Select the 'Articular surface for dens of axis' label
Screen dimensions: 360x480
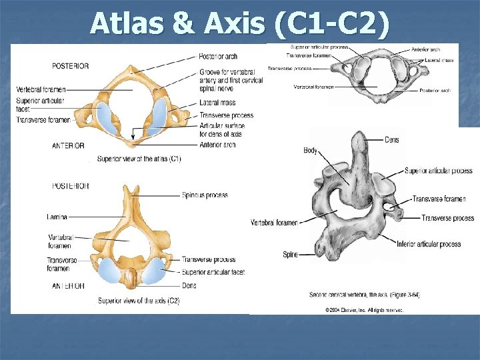click(x=222, y=129)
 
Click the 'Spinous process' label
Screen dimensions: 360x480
click(x=205, y=195)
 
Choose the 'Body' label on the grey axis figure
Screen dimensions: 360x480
click(x=311, y=151)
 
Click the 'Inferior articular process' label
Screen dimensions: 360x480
click(x=429, y=244)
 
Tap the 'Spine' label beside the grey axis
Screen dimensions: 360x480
click(x=290, y=254)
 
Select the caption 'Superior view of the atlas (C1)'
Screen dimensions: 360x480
click(x=139, y=159)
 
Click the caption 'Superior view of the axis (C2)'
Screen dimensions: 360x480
click(x=139, y=301)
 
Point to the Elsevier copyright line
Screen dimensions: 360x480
click(x=364, y=310)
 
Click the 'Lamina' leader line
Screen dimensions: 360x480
click(x=93, y=217)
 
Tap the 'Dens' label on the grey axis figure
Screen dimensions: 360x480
click(x=392, y=140)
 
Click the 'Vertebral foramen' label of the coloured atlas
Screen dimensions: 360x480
click(x=41, y=89)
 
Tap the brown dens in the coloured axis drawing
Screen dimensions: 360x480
click(x=133, y=277)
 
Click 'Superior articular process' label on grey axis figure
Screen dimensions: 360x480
click(x=438, y=171)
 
